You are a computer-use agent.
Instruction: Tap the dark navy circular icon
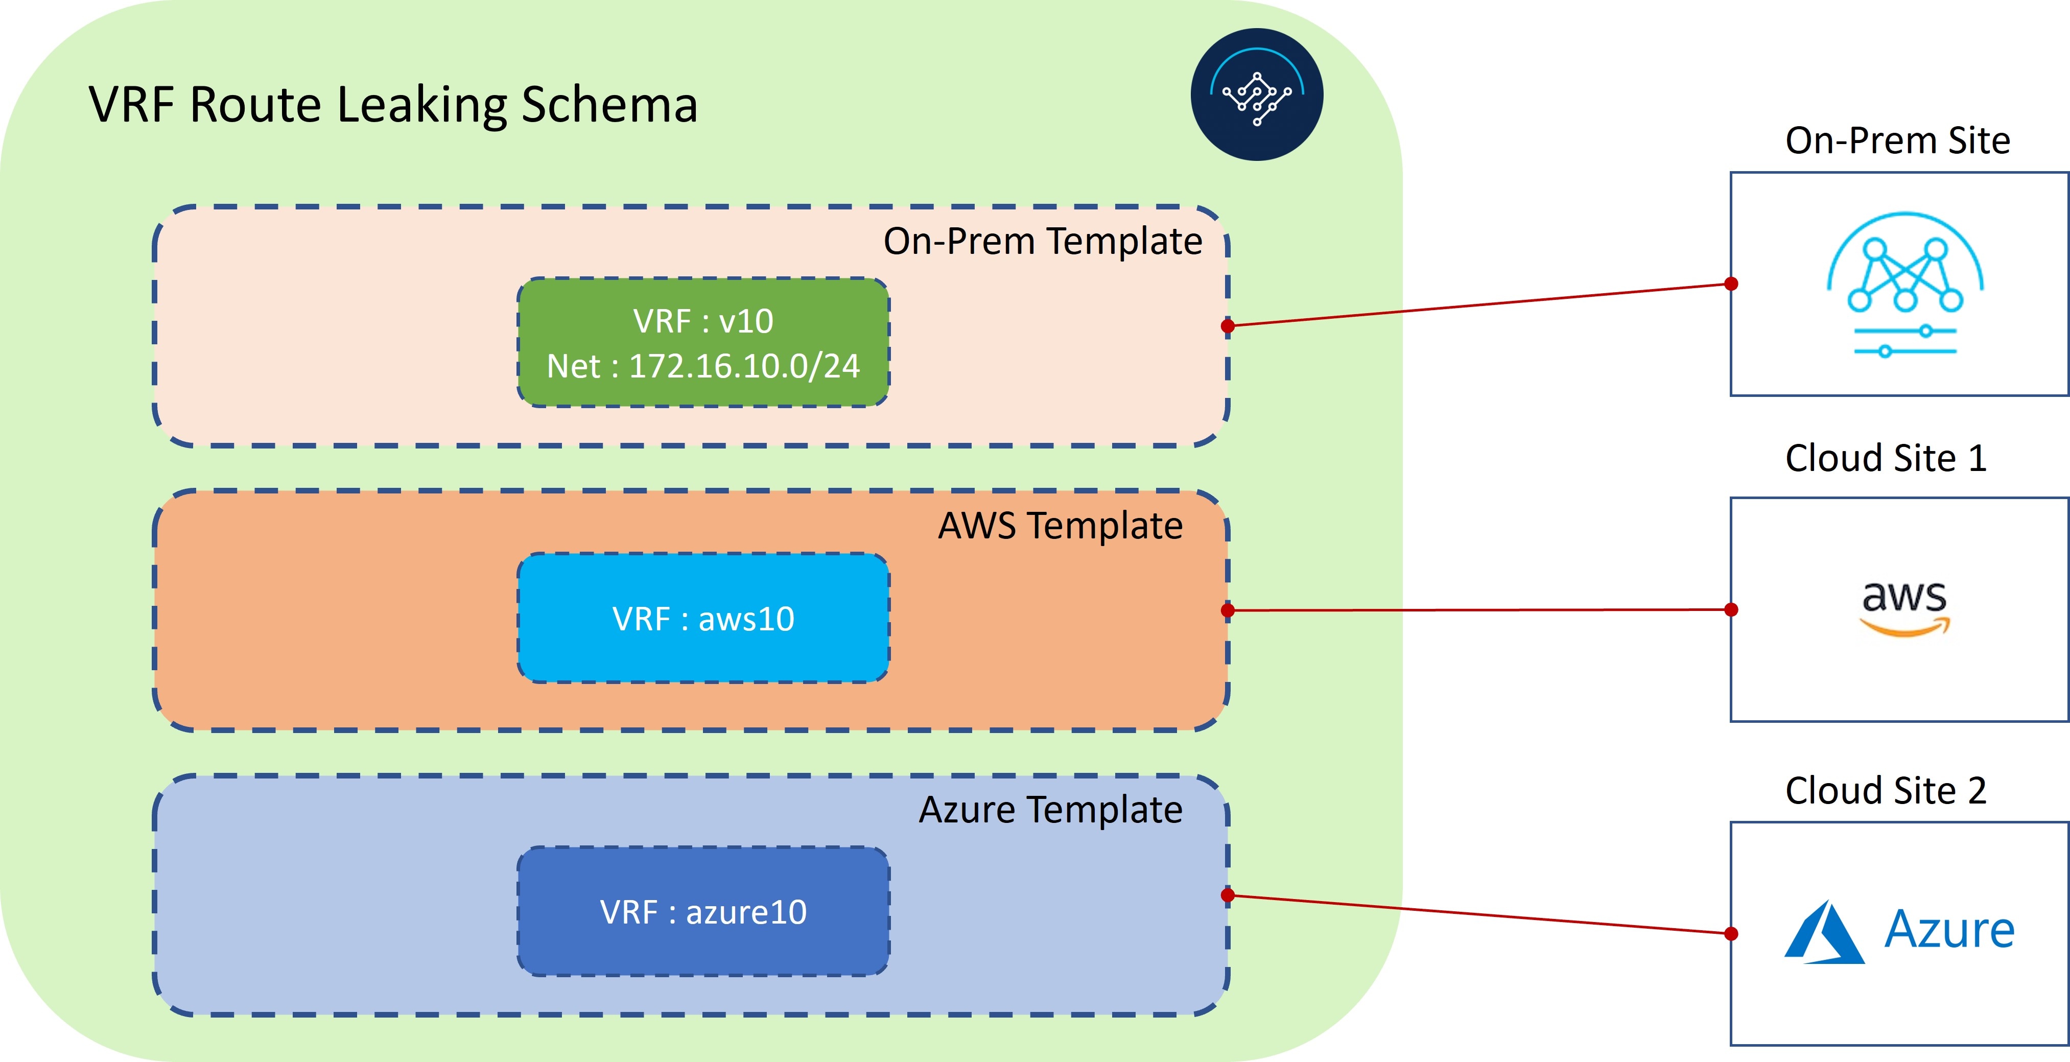[1257, 95]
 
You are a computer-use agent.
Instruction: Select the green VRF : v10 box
[703, 343]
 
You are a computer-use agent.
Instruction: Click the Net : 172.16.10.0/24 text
[703, 366]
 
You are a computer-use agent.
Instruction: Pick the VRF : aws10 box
[703, 618]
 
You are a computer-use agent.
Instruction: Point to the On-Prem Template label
[1042, 242]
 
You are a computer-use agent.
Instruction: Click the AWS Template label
[1060, 526]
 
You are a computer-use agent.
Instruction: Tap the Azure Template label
[1050, 810]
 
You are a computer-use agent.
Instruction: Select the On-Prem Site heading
[1897, 140]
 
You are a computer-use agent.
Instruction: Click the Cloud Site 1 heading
[1885, 458]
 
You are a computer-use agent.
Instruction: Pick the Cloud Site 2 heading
[1885, 790]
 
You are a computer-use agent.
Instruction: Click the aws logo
[1904, 608]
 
